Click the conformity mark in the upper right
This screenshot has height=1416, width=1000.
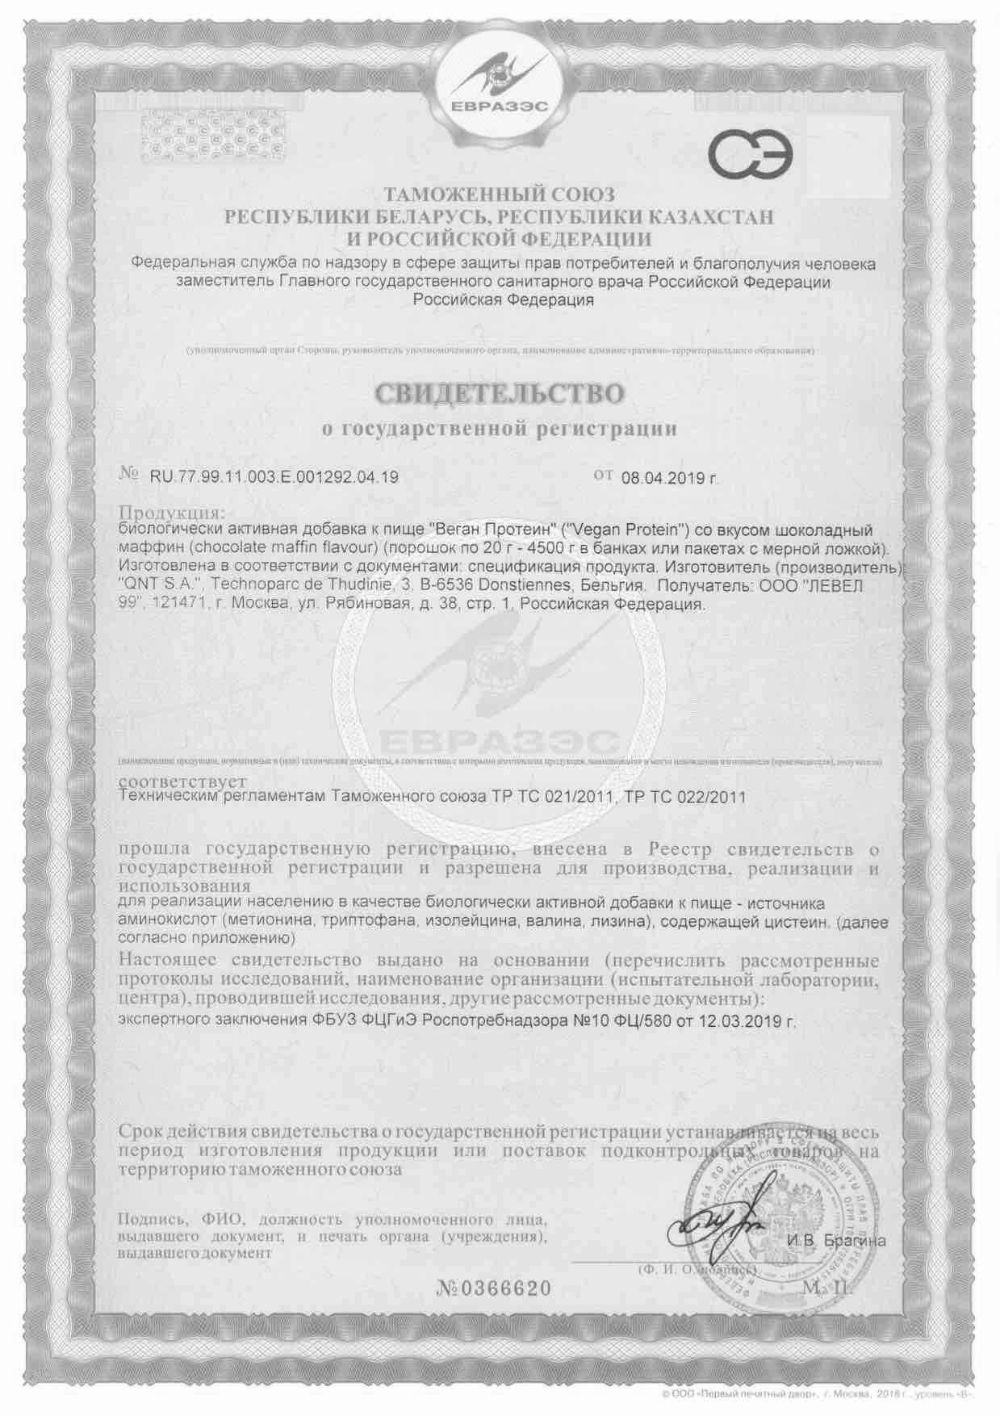(x=751, y=153)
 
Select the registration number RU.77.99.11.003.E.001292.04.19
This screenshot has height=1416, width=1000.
(x=274, y=477)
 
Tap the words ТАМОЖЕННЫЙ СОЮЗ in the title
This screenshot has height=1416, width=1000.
(x=499, y=195)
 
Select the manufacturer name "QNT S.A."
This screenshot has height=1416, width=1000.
(x=156, y=585)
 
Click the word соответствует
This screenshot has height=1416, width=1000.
(x=183, y=782)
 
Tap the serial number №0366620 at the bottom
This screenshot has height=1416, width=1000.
(x=494, y=1288)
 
